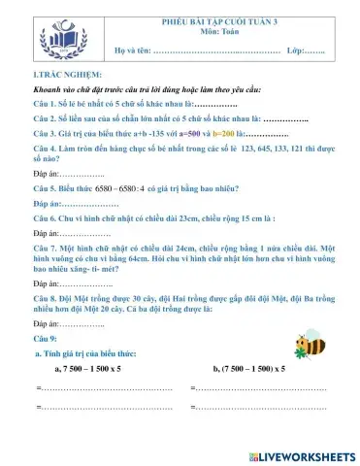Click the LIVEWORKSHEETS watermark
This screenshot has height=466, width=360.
[x=296, y=455]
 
